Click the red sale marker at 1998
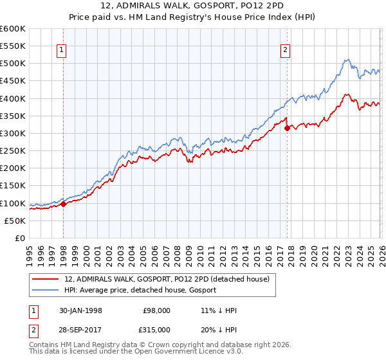pyautogui.click(x=64, y=204)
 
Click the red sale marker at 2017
pyautogui.click(x=287, y=128)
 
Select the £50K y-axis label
pyautogui.click(x=15, y=221)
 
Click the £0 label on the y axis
pyautogui.click(x=19, y=238)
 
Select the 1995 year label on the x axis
pyautogui.click(x=30, y=251)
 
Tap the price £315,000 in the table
pyautogui.click(x=156, y=329)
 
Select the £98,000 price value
pyautogui.click(x=156, y=310)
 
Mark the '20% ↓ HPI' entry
pyautogui.click(x=219, y=329)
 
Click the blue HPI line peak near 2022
pyautogui.click(x=346, y=60)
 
